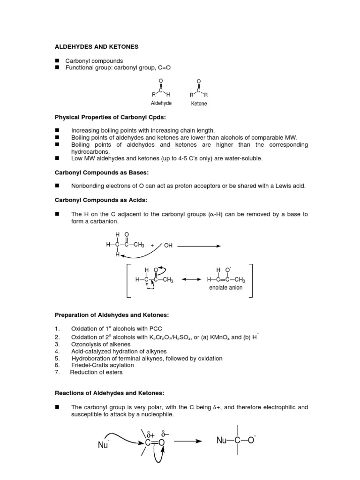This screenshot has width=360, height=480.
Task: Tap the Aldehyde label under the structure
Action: point(161,103)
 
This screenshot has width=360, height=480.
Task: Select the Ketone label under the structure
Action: point(199,103)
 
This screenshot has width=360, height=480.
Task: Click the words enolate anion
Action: point(226,288)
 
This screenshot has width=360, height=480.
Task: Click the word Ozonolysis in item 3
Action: point(86,344)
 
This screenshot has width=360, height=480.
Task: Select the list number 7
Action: point(57,373)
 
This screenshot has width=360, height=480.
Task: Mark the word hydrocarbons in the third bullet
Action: point(91,152)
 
